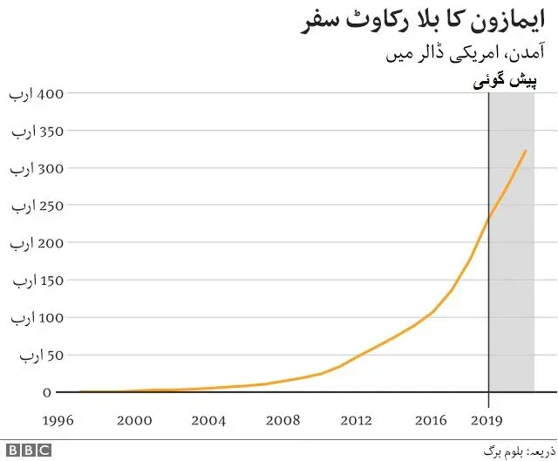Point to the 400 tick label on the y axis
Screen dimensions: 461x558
point(31,93)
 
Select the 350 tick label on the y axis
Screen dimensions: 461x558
point(31,131)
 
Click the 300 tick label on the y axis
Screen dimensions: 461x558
point(31,168)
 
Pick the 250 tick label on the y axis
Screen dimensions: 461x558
point(31,206)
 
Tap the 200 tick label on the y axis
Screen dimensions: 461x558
point(31,243)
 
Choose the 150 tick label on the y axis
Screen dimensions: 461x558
point(31,281)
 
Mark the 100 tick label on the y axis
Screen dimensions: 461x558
point(31,318)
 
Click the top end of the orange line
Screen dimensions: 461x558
point(526,151)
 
